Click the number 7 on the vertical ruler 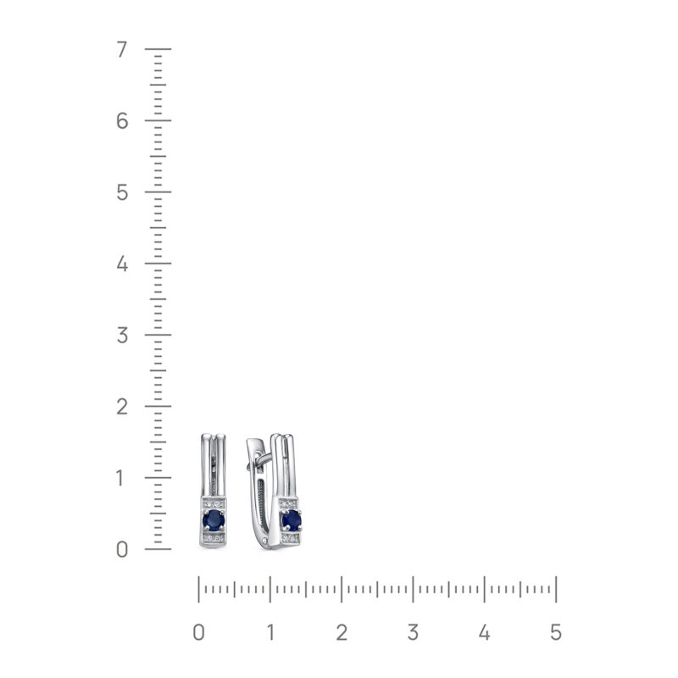pos(122,50)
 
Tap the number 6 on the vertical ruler pos(122,121)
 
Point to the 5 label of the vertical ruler pos(122,192)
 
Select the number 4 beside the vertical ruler pos(122,264)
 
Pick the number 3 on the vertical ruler pos(122,336)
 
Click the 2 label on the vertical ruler pos(122,407)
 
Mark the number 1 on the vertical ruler pos(120,478)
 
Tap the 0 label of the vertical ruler pos(122,549)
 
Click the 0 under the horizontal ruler pos(199,633)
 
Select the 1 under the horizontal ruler pos(270,633)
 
